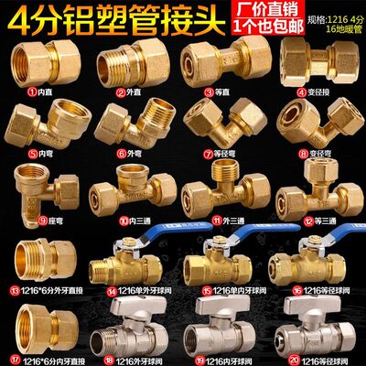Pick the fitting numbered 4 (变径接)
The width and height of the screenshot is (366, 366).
coord(301,61)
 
